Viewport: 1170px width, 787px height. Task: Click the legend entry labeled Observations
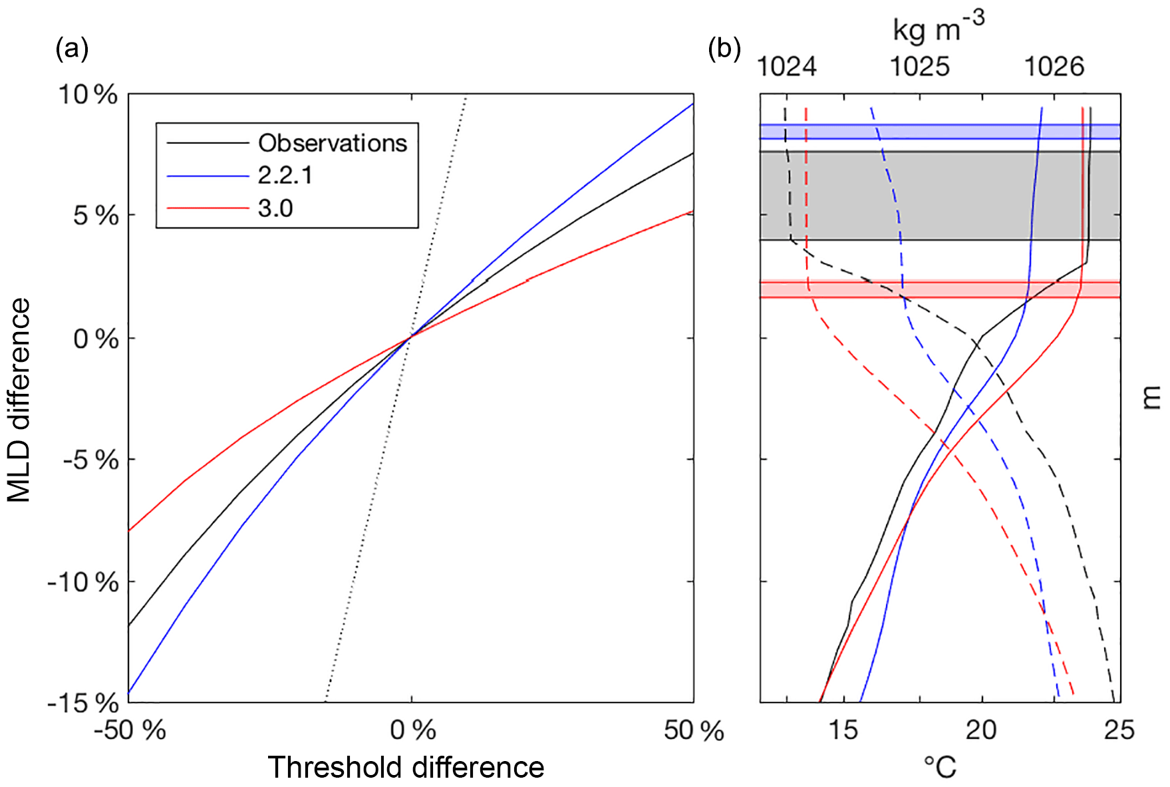[x=332, y=143]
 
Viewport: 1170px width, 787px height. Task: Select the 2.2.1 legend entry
[x=285, y=176]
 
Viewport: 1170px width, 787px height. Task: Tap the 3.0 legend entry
[x=275, y=209]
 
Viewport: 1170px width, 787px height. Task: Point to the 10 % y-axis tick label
[x=89, y=94]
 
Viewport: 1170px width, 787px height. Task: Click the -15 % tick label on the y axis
[x=82, y=703]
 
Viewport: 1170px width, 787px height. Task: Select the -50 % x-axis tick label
[x=130, y=730]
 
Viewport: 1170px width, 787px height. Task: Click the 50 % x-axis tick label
[x=694, y=730]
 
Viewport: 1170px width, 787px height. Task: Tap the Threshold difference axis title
[x=406, y=767]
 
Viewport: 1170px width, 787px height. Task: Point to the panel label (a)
[x=72, y=49]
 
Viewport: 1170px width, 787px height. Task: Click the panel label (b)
[x=724, y=49]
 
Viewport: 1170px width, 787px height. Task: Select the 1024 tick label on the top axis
[x=787, y=67]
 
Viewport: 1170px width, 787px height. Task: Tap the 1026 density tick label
[x=1054, y=67]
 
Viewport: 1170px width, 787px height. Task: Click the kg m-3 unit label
[x=938, y=28]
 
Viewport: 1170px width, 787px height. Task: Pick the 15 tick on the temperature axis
[x=843, y=730]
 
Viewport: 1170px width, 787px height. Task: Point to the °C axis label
[x=940, y=767]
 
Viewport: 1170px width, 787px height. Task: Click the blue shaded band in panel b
[x=940, y=131]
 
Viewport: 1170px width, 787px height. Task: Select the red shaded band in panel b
[x=940, y=289]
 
